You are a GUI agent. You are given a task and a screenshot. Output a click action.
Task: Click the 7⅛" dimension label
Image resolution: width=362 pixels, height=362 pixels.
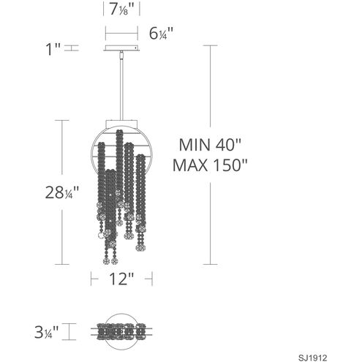click(121, 10)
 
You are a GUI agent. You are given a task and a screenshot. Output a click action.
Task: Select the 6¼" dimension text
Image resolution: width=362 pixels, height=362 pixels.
click(161, 34)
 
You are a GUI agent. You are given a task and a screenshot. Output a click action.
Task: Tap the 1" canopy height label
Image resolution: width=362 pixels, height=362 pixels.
click(53, 49)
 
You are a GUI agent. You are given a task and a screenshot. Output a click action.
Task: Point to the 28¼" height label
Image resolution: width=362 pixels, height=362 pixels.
click(62, 192)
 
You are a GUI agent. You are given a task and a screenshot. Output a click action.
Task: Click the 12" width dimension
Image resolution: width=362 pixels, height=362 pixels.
click(121, 279)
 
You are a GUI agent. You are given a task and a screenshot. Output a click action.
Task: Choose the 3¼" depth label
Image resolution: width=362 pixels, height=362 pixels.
click(46, 332)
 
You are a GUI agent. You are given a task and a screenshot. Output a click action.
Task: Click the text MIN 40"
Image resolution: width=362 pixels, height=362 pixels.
click(210, 145)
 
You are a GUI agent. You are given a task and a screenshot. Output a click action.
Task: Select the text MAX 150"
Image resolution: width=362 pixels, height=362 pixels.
click(210, 165)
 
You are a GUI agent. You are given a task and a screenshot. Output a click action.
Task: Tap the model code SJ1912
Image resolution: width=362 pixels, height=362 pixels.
click(312, 358)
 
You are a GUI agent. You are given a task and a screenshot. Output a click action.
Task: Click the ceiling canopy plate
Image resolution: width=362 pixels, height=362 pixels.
click(121, 48)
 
